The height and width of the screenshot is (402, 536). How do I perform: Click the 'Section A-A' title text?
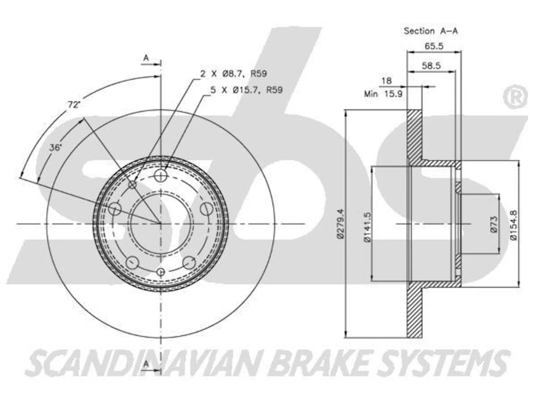coord(430,31)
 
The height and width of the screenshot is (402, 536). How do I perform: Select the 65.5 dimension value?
coord(434,46)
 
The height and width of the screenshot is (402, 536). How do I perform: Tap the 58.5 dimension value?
coord(431,66)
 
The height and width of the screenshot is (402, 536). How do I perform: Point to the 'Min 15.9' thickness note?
coord(383,94)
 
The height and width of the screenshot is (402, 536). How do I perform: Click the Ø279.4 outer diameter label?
coord(340,224)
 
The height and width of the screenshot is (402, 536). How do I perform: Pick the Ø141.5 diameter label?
coord(367,227)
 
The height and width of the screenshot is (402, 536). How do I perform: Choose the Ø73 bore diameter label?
coord(494,224)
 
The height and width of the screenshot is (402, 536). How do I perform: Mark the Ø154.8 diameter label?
coord(513,225)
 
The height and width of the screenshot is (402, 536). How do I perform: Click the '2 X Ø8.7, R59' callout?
coord(233,73)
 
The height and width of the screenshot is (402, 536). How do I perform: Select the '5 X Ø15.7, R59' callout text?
coord(246,90)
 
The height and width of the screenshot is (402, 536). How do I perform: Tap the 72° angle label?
coord(74,105)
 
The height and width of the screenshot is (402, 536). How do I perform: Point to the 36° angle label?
coord(55,147)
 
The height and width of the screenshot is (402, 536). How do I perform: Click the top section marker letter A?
coord(146,58)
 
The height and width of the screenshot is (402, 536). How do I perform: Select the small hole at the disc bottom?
coord(160,272)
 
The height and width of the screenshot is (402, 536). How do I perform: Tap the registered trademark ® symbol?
coord(515,96)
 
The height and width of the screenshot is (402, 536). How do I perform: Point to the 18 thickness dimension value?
coord(387,80)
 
